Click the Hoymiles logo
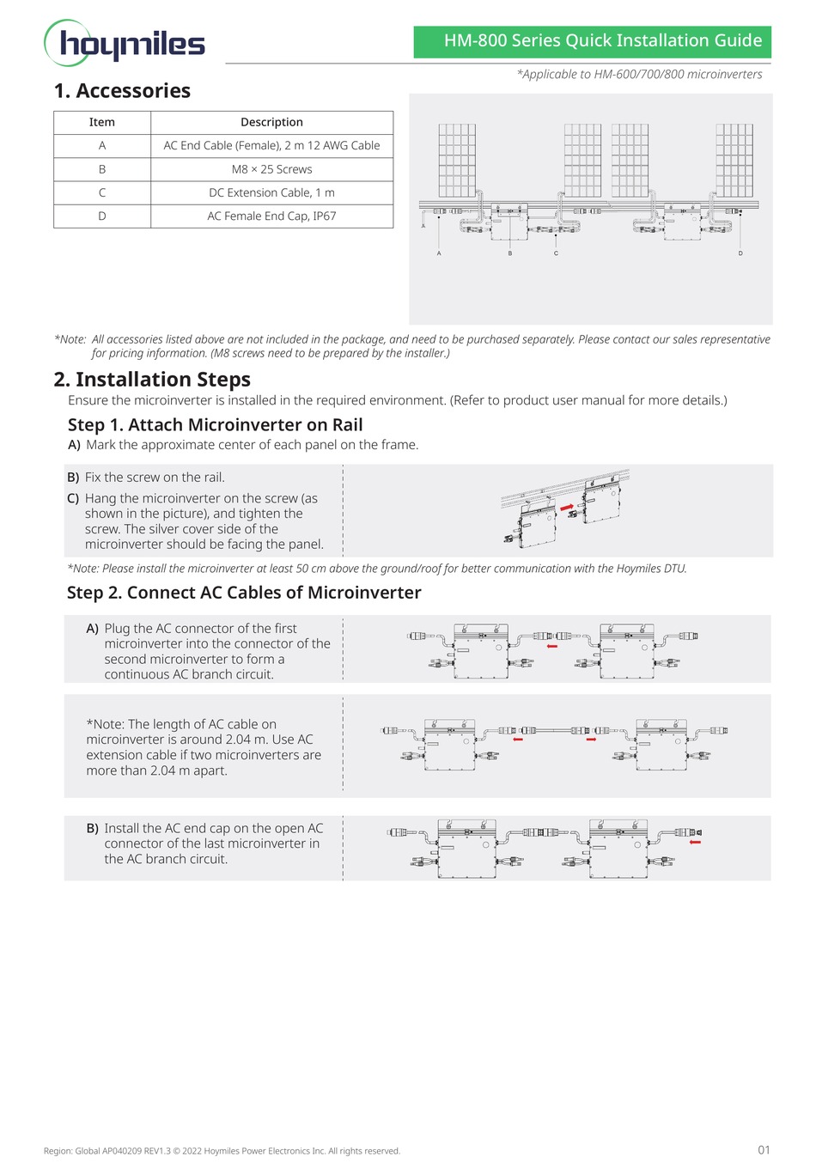[125, 43]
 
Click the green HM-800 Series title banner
[592, 41]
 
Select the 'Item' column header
[101, 122]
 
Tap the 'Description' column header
[271, 122]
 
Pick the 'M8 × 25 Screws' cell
[271, 169]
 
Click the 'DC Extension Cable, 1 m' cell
[271, 192]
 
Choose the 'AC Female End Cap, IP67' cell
[271, 216]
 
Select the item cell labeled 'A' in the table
[101, 145]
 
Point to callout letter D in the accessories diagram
[740, 253]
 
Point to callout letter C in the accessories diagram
[556, 253]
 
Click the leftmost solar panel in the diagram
[457, 161]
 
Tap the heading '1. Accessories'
[122, 91]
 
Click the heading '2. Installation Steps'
[152, 380]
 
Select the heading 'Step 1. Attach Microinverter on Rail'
[215, 425]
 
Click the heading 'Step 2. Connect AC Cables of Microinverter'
[244, 593]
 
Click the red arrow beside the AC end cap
[695, 843]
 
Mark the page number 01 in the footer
[764, 1150]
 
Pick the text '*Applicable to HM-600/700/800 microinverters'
[639, 75]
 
